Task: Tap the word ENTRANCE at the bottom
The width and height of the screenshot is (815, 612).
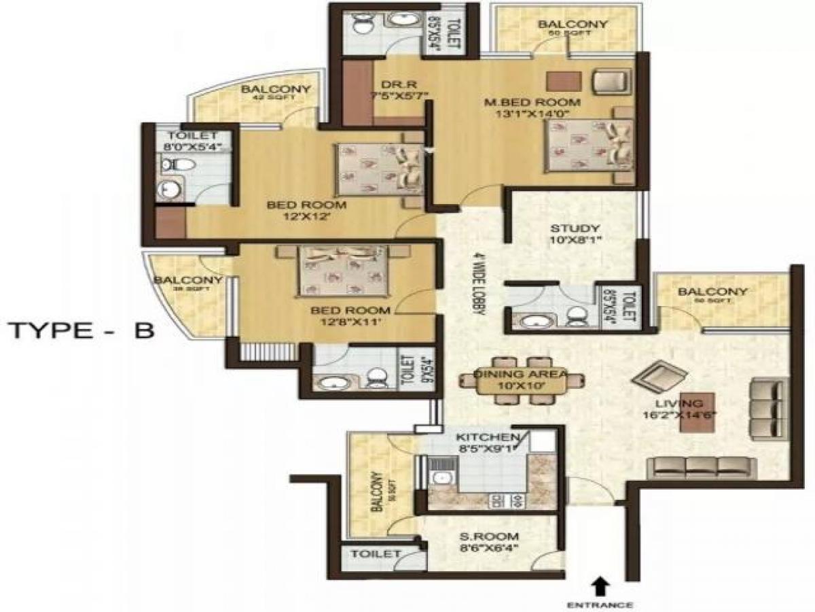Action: [601, 604]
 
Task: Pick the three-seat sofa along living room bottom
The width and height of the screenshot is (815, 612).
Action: [701, 467]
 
